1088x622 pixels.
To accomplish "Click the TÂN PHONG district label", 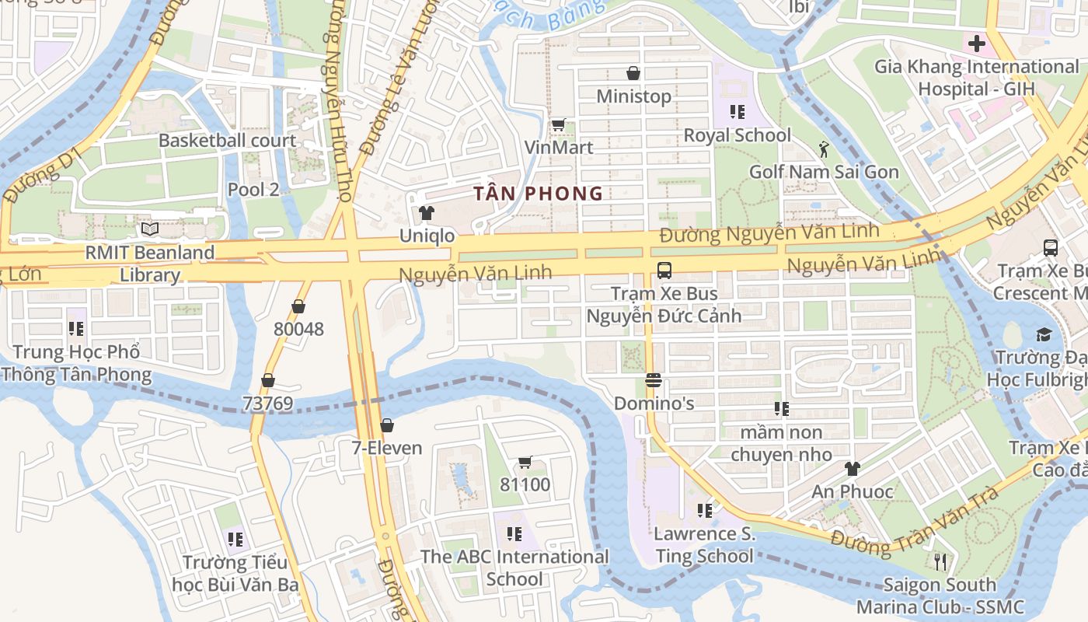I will pyautogui.click(x=539, y=194).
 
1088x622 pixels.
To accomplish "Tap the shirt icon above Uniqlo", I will pyautogui.click(x=426, y=212).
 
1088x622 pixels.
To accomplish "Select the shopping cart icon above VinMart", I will pyautogui.click(x=558, y=124).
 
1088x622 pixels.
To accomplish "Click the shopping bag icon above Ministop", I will pyautogui.click(x=633, y=73).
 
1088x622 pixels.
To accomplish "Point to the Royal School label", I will pyautogui.click(x=737, y=135).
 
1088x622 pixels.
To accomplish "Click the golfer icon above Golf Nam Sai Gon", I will pyautogui.click(x=824, y=149).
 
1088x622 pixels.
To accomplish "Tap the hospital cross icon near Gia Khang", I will pyautogui.click(x=976, y=43).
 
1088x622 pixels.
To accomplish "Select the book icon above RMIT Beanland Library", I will pyautogui.click(x=150, y=229).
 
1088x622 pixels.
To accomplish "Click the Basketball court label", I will pyautogui.click(x=227, y=141).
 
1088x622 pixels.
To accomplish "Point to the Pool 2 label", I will pyautogui.click(x=253, y=189).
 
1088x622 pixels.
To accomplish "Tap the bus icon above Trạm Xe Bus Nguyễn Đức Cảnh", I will pyautogui.click(x=664, y=271).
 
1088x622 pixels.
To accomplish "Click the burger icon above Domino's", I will pyautogui.click(x=653, y=380).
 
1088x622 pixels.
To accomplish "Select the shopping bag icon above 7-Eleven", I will pyautogui.click(x=386, y=425).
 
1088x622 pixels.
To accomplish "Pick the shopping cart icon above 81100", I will pyautogui.click(x=525, y=463).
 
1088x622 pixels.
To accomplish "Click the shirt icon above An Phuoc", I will pyautogui.click(x=853, y=468).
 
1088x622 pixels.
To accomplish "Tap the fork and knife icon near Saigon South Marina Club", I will pyautogui.click(x=940, y=561).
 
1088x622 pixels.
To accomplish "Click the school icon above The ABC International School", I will pyautogui.click(x=514, y=534).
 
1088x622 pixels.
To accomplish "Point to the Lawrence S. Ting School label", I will pyautogui.click(x=704, y=544).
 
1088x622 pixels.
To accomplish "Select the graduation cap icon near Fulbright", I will pyautogui.click(x=1043, y=334).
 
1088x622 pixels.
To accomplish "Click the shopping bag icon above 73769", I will pyautogui.click(x=268, y=380).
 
